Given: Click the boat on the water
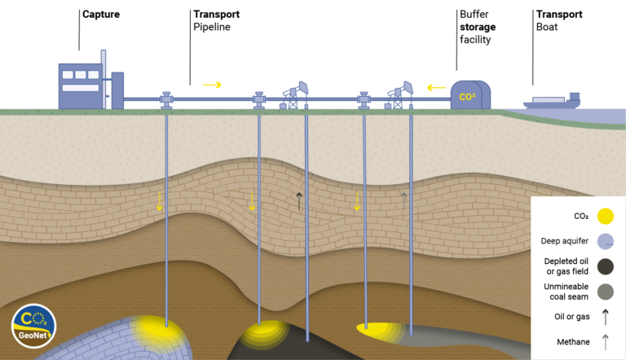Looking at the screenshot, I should click(x=552, y=101).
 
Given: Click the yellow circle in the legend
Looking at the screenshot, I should click(x=605, y=216).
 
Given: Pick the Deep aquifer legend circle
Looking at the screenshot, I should click(x=605, y=240).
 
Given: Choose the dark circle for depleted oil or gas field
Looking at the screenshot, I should click(x=605, y=266).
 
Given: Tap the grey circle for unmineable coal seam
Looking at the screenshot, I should click(x=605, y=291).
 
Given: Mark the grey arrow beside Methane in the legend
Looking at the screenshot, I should click(x=605, y=343).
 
